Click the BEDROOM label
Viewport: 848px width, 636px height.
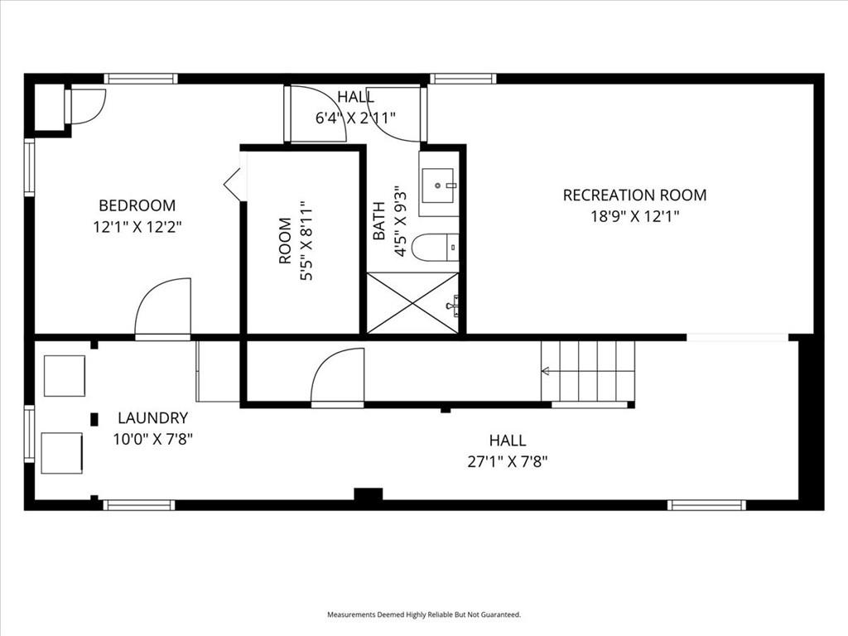point(137,205)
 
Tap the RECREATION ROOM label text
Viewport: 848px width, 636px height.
point(634,195)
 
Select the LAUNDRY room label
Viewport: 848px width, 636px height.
point(152,418)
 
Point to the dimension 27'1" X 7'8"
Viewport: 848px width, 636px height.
point(508,462)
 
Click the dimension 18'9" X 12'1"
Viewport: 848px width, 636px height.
point(634,217)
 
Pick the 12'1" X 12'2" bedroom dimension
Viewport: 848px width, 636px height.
point(137,227)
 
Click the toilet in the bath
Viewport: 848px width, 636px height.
point(436,248)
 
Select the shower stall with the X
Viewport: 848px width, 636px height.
point(412,303)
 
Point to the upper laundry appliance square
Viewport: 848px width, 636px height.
point(65,375)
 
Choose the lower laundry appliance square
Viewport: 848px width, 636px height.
point(61,453)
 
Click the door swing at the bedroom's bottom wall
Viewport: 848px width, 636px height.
point(162,308)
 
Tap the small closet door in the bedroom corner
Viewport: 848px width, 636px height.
point(85,107)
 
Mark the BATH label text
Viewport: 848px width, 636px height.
point(379,220)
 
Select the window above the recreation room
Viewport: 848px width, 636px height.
point(463,79)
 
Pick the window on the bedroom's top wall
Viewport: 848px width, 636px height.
point(141,79)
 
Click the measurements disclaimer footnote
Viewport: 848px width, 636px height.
point(424,614)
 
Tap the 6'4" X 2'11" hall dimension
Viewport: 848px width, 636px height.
point(356,118)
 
